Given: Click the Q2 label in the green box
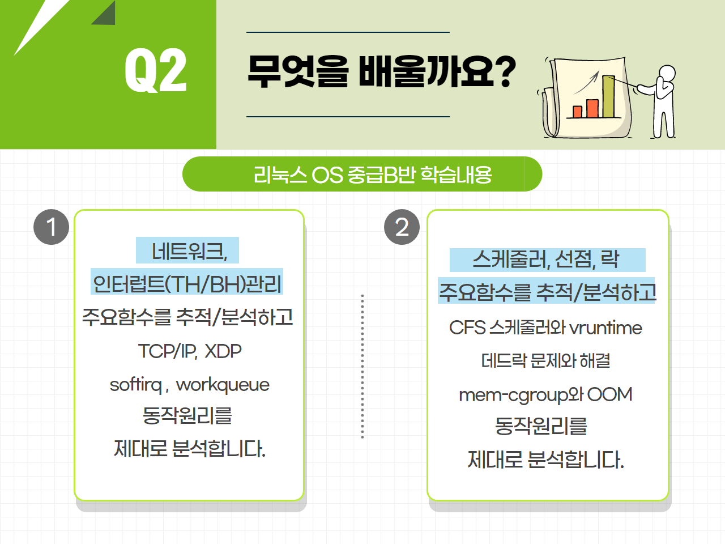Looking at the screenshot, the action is tap(156, 70).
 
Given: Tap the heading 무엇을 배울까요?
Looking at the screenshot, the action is tap(382, 71).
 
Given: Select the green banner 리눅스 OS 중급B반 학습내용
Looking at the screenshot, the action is tap(362, 174).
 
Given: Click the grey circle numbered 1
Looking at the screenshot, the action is tap(51, 227).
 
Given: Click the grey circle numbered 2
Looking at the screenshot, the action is tap(402, 227).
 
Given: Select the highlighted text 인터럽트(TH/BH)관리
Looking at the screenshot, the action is tap(187, 284).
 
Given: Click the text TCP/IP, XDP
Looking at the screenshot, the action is tap(190, 351).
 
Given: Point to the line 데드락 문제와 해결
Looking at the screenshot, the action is tap(545, 360).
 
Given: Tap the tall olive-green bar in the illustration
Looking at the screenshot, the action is tap(608, 96).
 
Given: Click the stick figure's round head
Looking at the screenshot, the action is tap(667, 73).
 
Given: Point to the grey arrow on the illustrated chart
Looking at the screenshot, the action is tap(586, 82).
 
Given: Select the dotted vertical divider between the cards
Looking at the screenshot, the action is tap(362, 366).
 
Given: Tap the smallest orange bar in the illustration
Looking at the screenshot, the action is tap(577, 112).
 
